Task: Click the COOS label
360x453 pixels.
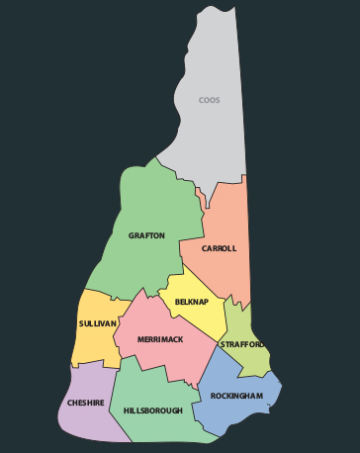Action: tap(209, 100)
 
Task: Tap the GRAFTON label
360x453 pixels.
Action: tap(146, 236)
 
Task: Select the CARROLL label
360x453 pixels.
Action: tap(219, 248)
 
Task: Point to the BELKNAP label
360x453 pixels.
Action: tap(191, 302)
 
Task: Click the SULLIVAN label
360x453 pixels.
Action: tap(98, 323)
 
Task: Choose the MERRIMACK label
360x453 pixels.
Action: tap(160, 339)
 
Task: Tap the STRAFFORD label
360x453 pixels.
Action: tap(242, 344)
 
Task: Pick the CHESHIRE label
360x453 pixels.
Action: tap(87, 403)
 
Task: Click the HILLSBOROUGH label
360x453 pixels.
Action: tap(152, 409)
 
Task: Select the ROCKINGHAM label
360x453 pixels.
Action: tap(236, 396)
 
